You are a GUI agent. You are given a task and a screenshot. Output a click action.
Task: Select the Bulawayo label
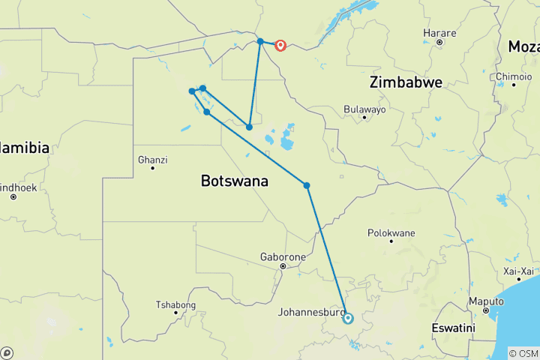pos(364,109)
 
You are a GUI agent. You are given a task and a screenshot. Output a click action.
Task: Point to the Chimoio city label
pos(514,76)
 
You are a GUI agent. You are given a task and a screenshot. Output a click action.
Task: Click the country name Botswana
pos(235,181)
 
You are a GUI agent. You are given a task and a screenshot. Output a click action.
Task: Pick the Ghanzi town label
pos(153,159)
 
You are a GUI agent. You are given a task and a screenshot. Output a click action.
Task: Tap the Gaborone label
pos(283,256)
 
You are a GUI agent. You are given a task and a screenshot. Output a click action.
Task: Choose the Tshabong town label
pos(175,304)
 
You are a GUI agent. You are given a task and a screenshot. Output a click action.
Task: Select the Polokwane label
pos(391,232)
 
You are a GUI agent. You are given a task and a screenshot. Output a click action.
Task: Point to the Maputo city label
pos(486,301)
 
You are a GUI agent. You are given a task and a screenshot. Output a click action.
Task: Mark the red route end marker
pos(280,45)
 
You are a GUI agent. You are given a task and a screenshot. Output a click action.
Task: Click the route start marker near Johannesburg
pos(348,318)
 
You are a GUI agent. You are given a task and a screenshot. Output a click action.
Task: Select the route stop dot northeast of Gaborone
pos(307,185)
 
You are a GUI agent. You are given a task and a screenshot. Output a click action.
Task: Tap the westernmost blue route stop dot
pos(193,91)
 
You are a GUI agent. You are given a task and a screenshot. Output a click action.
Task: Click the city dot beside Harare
pos(439,42)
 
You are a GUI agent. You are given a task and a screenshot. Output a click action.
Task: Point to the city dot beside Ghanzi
pos(153,168)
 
